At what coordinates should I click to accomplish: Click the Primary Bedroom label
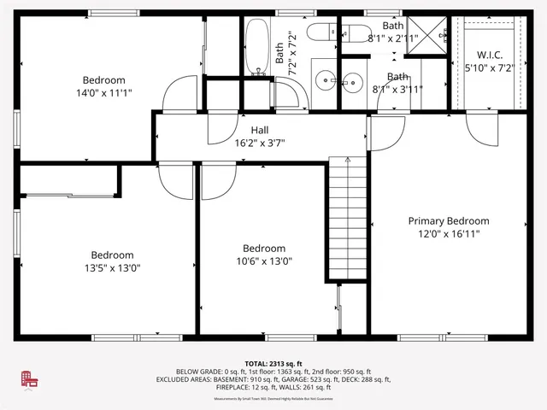coord(448,220)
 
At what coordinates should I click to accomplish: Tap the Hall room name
coord(260,130)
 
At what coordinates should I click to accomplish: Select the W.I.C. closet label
coord(483,54)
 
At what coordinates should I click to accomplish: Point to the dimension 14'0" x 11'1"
coord(103,92)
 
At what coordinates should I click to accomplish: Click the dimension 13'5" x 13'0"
coord(112,267)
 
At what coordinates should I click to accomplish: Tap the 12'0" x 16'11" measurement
coord(448,233)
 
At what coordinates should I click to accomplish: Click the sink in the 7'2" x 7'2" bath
coord(325,82)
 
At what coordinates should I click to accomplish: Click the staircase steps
coord(346,222)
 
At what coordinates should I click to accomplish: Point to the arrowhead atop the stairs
coord(346,159)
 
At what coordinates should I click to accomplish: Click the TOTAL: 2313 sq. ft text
coord(273,363)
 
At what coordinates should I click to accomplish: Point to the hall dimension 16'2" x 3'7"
coord(260,143)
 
